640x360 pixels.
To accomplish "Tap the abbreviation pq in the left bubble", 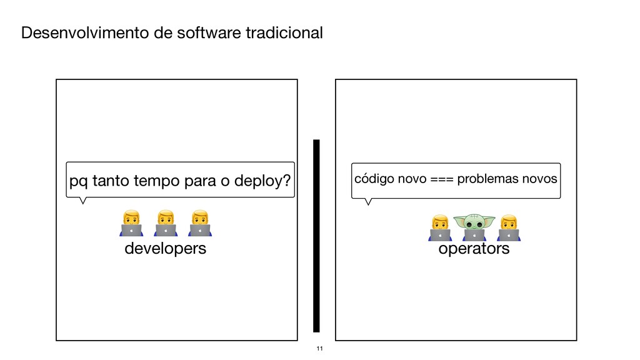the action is point(78,182).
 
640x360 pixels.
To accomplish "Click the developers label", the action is point(165,249).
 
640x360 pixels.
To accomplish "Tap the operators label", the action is point(474,249).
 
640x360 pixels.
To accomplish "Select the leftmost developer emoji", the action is point(131,224).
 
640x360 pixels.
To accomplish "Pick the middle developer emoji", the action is point(165,224).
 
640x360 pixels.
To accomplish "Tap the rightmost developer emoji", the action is point(199,224).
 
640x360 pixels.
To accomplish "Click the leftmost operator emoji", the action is point(440,227).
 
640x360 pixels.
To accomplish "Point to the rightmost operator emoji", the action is point(508,227).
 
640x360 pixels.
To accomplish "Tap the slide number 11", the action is point(319,348).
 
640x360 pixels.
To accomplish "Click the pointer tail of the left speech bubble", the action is point(82,200).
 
